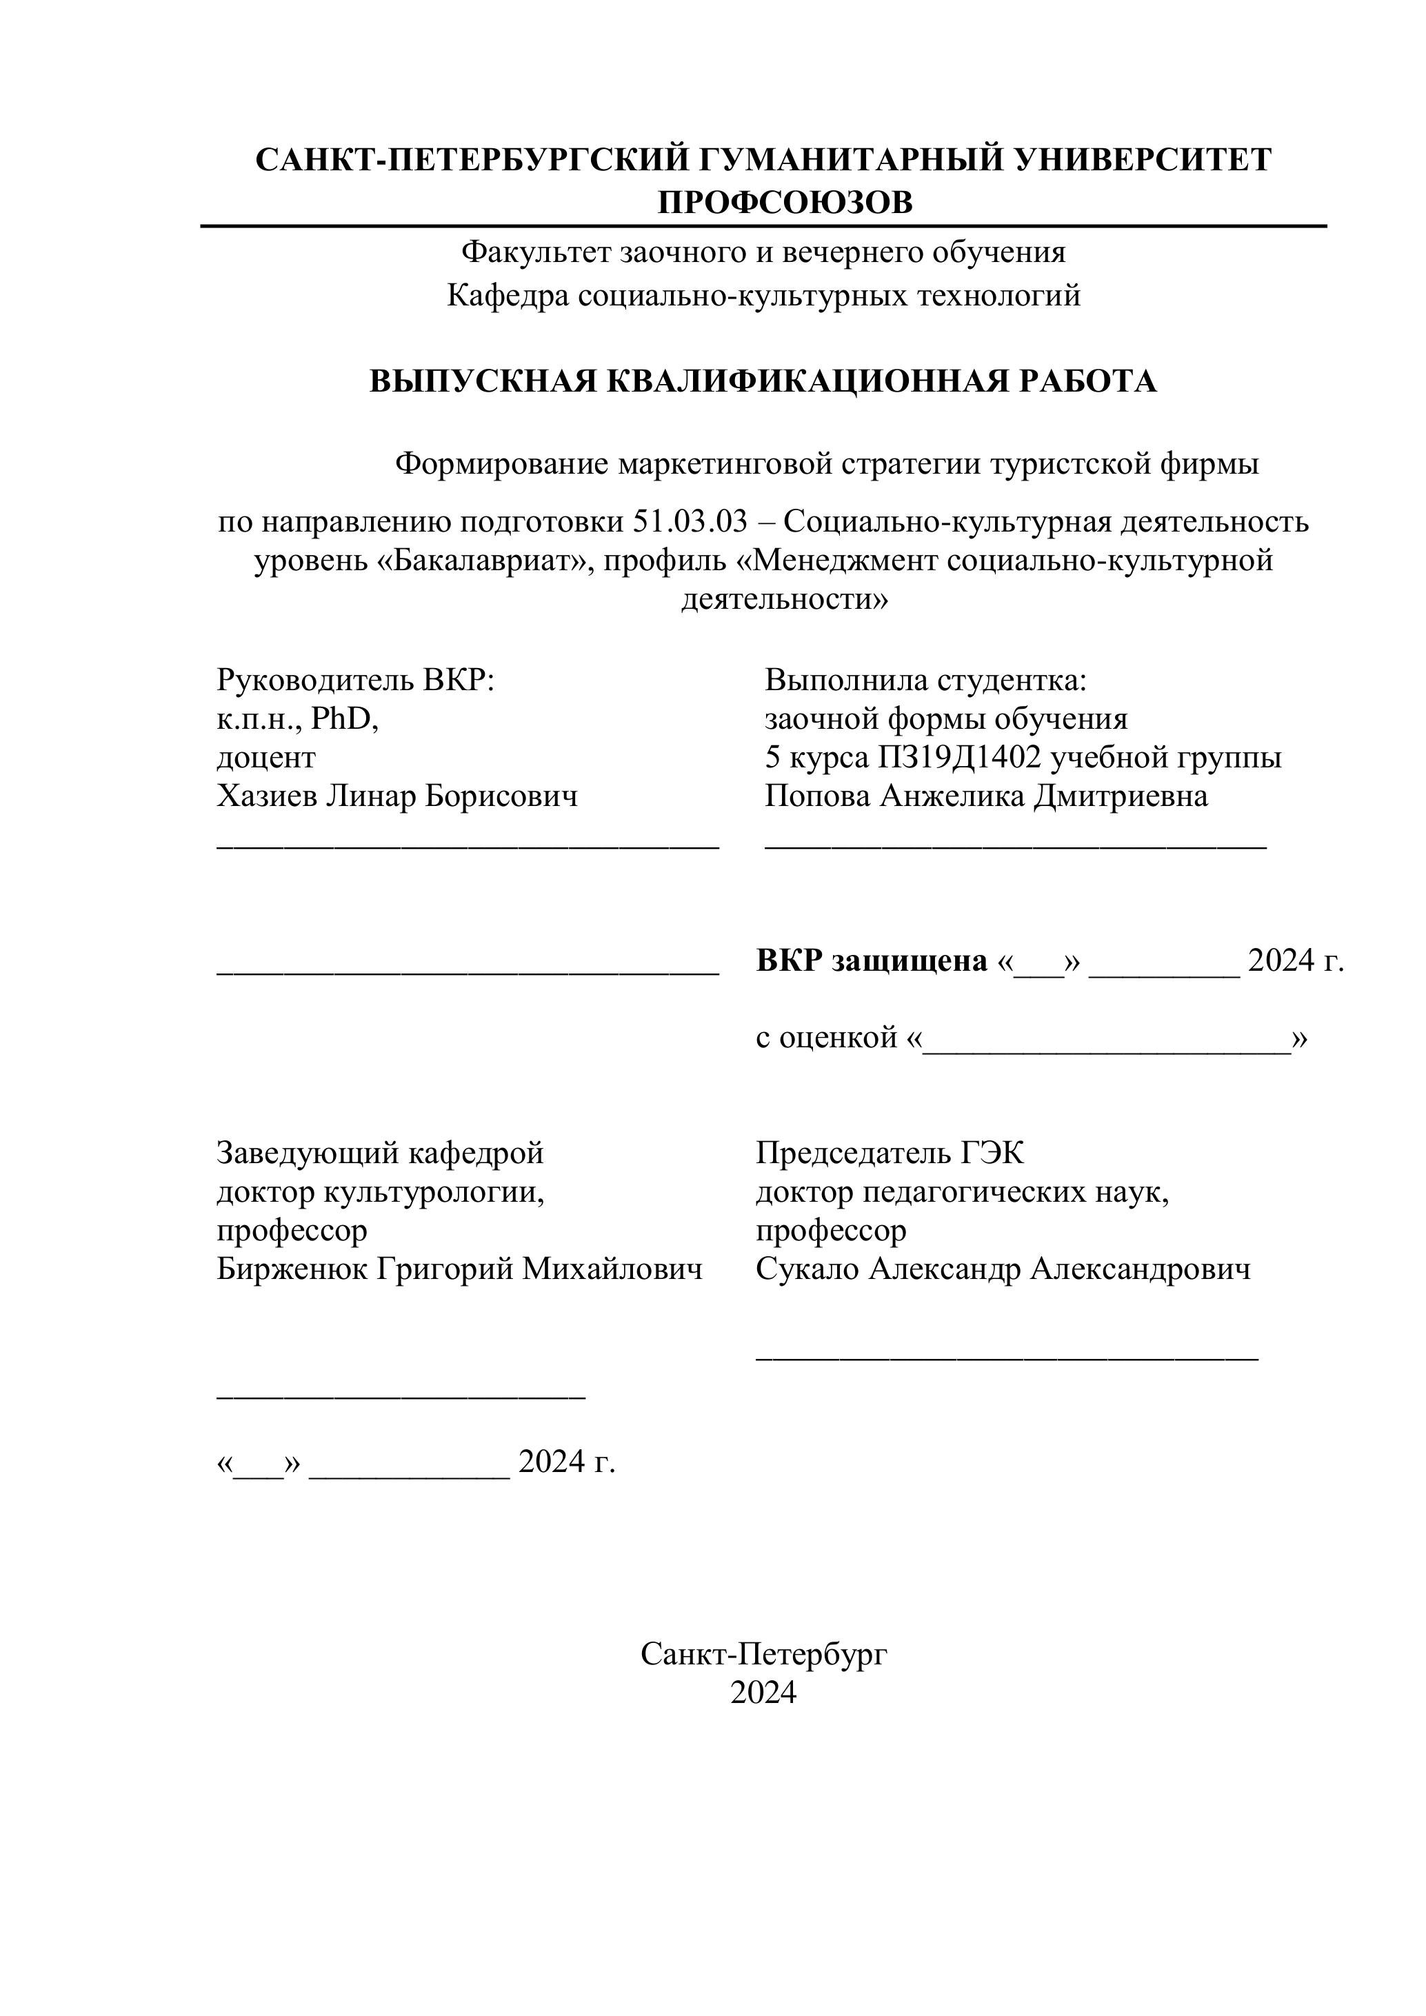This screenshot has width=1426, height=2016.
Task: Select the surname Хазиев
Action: (267, 796)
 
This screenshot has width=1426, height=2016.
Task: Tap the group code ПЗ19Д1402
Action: (959, 758)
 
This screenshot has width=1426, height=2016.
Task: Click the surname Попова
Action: (818, 796)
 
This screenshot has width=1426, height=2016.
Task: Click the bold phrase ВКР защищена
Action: (871, 962)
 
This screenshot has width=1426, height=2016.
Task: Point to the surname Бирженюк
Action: (292, 1270)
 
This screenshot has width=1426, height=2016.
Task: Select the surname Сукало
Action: (807, 1270)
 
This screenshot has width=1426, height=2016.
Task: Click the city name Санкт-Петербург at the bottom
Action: (763, 1655)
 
